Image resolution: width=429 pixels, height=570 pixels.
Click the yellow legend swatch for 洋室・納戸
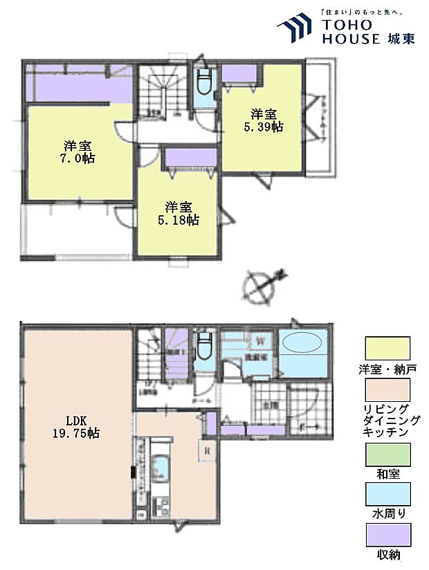click(x=386, y=347)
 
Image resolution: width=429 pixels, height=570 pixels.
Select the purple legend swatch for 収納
click(x=386, y=535)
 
